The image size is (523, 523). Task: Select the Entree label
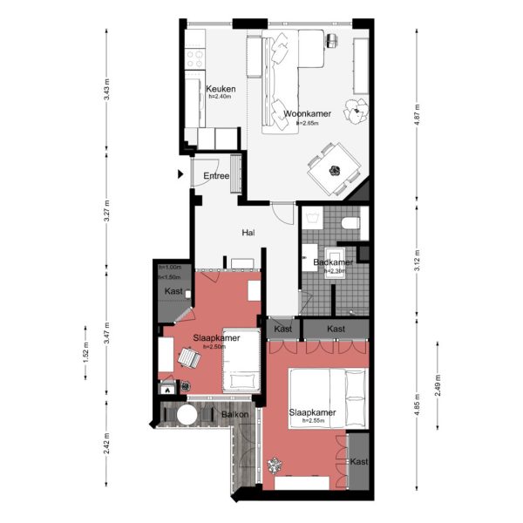tap(216, 176)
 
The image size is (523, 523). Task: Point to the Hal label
tap(248, 233)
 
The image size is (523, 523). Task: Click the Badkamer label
tap(332, 261)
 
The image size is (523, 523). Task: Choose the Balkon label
tap(235, 415)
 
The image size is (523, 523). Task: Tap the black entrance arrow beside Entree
tap(181, 173)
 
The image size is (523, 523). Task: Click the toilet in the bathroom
tap(350, 224)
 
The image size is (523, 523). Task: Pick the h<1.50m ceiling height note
tap(170, 276)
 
